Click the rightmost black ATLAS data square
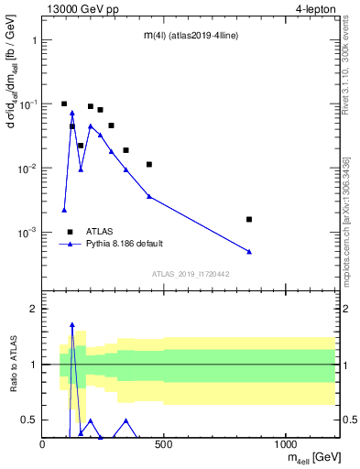[x=249, y=219]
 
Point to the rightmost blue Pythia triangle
[x=249, y=251]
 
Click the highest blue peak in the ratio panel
[x=72, y=324]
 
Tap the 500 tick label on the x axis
[x=164, y=445]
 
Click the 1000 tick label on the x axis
[x=286, y=445]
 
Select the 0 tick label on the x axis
[x=43, y=445]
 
